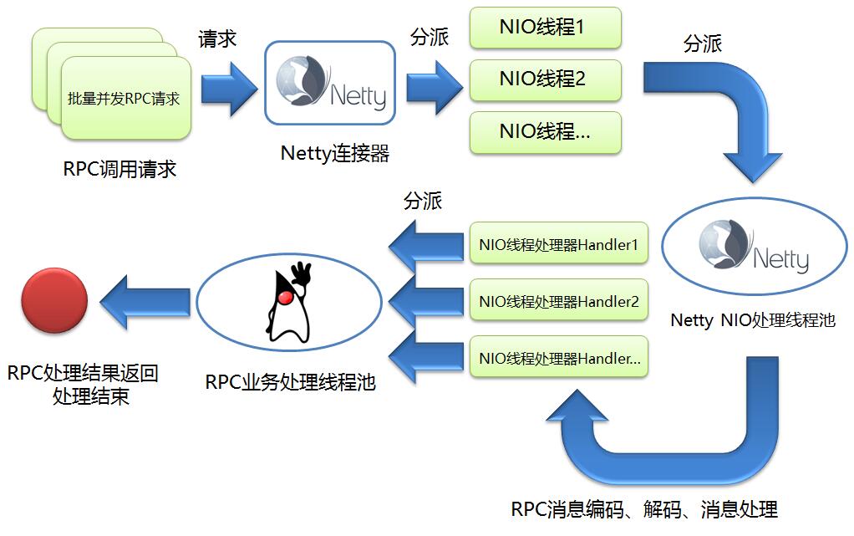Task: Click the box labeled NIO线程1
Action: pos(545,28)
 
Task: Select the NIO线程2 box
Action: pos(545,79)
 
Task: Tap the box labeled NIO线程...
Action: pos(545,132)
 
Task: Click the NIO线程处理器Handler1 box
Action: pos(559,246)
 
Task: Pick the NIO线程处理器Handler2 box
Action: pos(559,301)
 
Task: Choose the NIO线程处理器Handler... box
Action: pos(559,358)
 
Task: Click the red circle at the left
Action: pos(54,302)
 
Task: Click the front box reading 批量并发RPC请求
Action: pos(125,98)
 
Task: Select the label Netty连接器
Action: pos(335,153)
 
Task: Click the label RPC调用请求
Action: pos(119,168)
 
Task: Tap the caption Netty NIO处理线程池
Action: pos(753,320)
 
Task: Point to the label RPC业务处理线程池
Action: pos(290,382)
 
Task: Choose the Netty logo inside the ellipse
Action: pos(753,247)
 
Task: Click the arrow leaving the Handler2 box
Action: pos(426,302)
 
